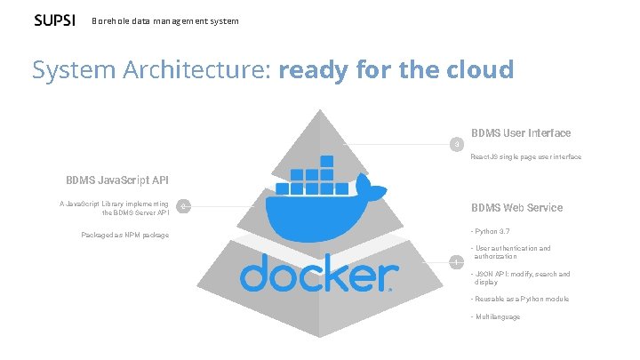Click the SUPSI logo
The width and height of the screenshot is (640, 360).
pyautogui.click(x=54, y=20)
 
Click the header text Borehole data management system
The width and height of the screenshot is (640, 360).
pyautogui.click(x=164, y=20)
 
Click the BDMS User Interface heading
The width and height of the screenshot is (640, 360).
pyautogui.click(x=521, y=133)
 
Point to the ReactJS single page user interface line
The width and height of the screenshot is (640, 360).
pyautogui.click(x=525, y=156)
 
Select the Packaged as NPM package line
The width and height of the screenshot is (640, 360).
pyautogui.click(x=124, y=235)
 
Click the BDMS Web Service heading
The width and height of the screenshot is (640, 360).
pyautogui.click(x=516, y=208)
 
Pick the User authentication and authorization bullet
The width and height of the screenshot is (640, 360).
pyautogui.click(x=511, y=252)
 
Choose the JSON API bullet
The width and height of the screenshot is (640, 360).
pyautogui.click(x=520, y=277)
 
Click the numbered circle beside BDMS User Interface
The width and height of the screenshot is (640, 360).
pyautogui.click(x=457, y=144)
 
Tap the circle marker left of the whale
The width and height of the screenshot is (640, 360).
pyautogui.click(x=182, y=208)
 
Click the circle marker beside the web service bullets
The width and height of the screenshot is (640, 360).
pyautogui.click(x=457, y=261)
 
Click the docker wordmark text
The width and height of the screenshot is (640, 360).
pyautogui.click(x=316, y=275)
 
